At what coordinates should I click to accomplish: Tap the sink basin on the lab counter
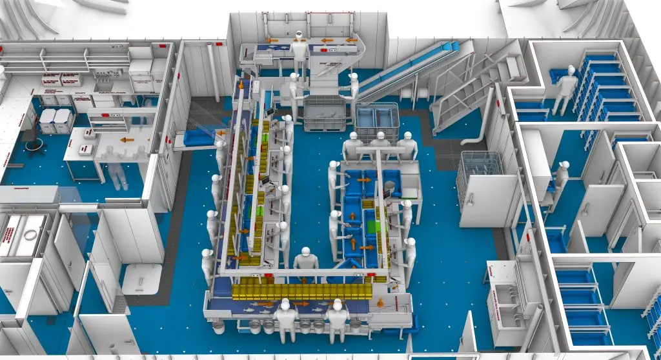(x=103, y=86)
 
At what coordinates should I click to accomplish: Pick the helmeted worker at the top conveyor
(x=299, y=52)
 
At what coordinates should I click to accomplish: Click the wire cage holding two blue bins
(x=376, y=120)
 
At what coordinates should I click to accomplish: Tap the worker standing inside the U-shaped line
(x=306, y=265)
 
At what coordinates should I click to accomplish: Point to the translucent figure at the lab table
(x=116, y=165)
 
